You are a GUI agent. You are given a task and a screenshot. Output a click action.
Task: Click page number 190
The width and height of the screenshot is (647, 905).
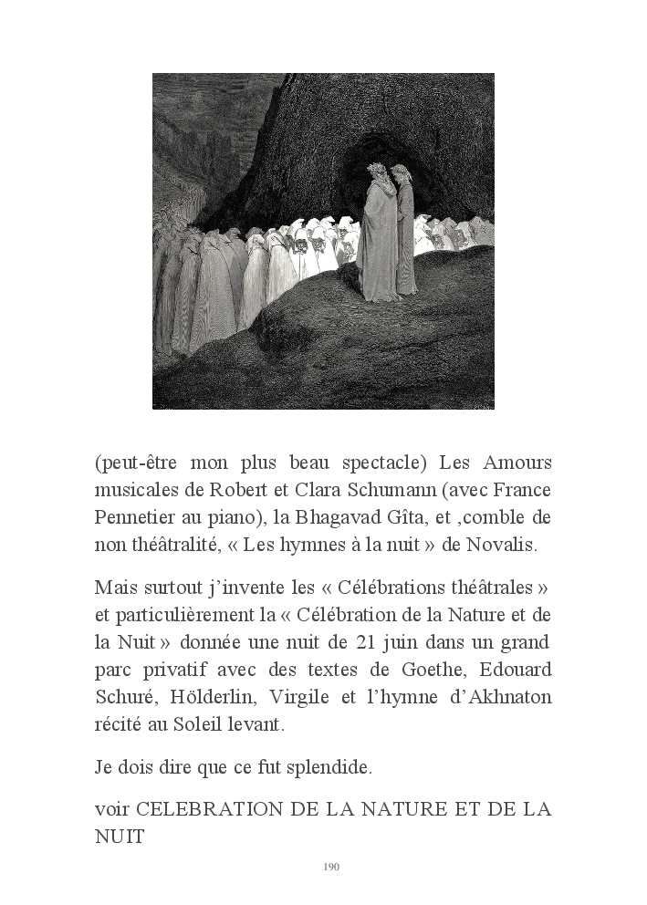click(x=331, y=867)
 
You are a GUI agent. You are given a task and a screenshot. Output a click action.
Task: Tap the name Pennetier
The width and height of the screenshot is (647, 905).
click(x=137, y=517)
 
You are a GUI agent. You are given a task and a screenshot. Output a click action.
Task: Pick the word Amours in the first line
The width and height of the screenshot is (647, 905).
click(x=517, y=462)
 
